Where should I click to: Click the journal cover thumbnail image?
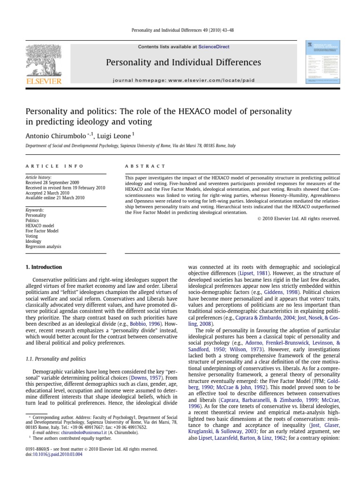click(x=323, y=62)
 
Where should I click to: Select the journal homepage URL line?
click(x=184, y=80)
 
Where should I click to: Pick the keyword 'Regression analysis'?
click(x=43, y=247)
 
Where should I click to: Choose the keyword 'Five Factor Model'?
click(x=42, y=231)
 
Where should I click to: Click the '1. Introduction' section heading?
click(x=44, y=267)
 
